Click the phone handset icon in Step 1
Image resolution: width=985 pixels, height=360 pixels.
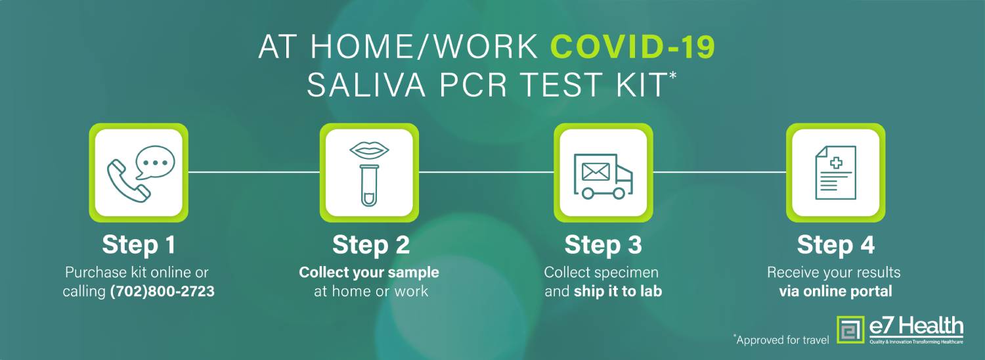click(x=127, y=181)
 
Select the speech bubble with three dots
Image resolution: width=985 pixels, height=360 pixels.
click(x=155, y=162)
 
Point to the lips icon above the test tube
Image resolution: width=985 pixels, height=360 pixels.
click(x=369, y=150)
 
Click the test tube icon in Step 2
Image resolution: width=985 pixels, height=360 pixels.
click(x=369, y=185)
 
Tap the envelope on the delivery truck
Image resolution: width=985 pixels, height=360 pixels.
click(x=596, y=171)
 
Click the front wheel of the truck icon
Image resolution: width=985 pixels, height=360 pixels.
click(x=619, y=192)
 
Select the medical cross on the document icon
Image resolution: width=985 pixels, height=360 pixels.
click(x=836, y=164)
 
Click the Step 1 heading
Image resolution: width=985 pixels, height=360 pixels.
click(x=139, y=244)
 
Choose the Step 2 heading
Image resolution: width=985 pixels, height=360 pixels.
click(x=371, y=244)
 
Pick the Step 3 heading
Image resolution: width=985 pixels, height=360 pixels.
click(x=603, y=244)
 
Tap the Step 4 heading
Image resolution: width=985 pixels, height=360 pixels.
click(x=835, y=244)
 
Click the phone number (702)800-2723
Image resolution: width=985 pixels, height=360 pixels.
click(x=162, y=291)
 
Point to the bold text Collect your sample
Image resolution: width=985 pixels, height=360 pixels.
click(x=369, y=273)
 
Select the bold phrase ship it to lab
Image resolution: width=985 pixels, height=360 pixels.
click(x=618, y=291)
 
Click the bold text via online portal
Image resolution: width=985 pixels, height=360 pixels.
click(x=835, y=291)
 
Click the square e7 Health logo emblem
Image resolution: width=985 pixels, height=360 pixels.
click(x=850, y=330)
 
